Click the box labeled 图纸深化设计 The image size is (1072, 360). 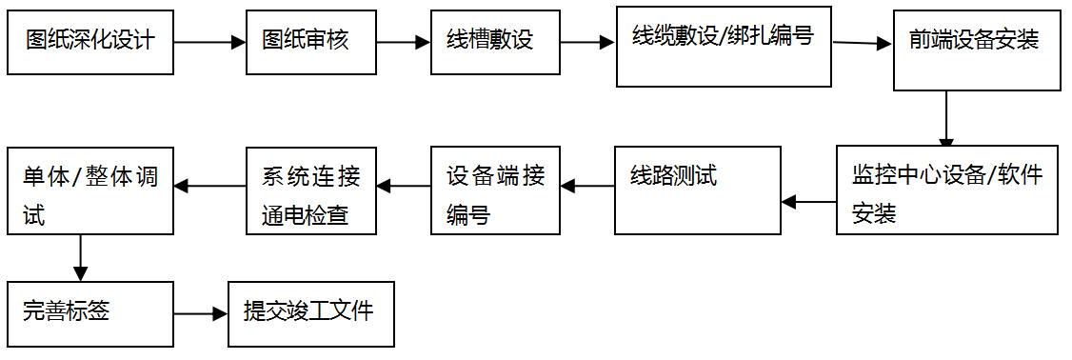(90, 42)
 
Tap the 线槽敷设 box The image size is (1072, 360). (495, 42)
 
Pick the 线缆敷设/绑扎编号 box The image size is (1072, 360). (725, 45)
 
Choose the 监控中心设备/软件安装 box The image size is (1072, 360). (946, 190)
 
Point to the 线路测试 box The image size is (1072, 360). (697, 190)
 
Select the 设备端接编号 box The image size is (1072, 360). (495, 190)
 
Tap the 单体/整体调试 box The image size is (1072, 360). (90, 190)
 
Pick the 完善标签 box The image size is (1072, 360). (90, 313)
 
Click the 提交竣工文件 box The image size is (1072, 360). (311, 313)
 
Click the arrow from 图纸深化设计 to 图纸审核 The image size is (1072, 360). (209, 42)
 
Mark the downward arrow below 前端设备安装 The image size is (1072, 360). (946, 118)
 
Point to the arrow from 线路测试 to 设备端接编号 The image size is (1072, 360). (586, 187)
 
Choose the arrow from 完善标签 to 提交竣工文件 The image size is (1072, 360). (201, 313)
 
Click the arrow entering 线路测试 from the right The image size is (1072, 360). (808, 201)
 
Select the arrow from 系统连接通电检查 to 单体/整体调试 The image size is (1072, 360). (209, 187)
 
